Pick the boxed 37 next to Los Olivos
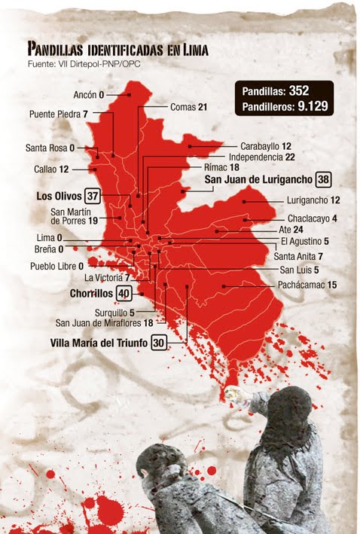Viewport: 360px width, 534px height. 93,196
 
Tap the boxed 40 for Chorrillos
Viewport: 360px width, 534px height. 124,293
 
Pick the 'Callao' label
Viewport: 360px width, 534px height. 45,169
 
